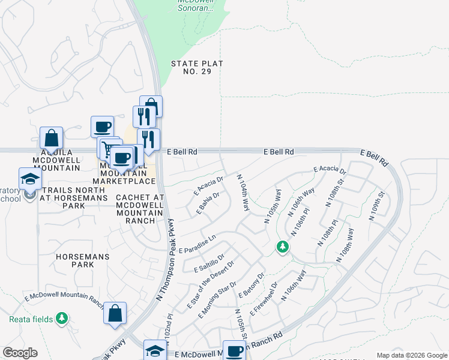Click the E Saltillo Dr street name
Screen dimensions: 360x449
[209, 263]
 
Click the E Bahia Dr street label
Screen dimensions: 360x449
[208, 203]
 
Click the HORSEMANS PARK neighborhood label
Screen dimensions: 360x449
[75, 260]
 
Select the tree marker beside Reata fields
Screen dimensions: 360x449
[62, 318]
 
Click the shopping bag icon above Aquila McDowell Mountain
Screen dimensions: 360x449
[52, 137]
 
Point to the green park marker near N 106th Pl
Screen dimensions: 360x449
[282, 246]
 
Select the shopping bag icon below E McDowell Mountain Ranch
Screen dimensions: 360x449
[115, 313]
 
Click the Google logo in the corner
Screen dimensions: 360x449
[20, 353]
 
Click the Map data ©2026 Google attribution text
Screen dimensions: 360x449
[412, 355]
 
